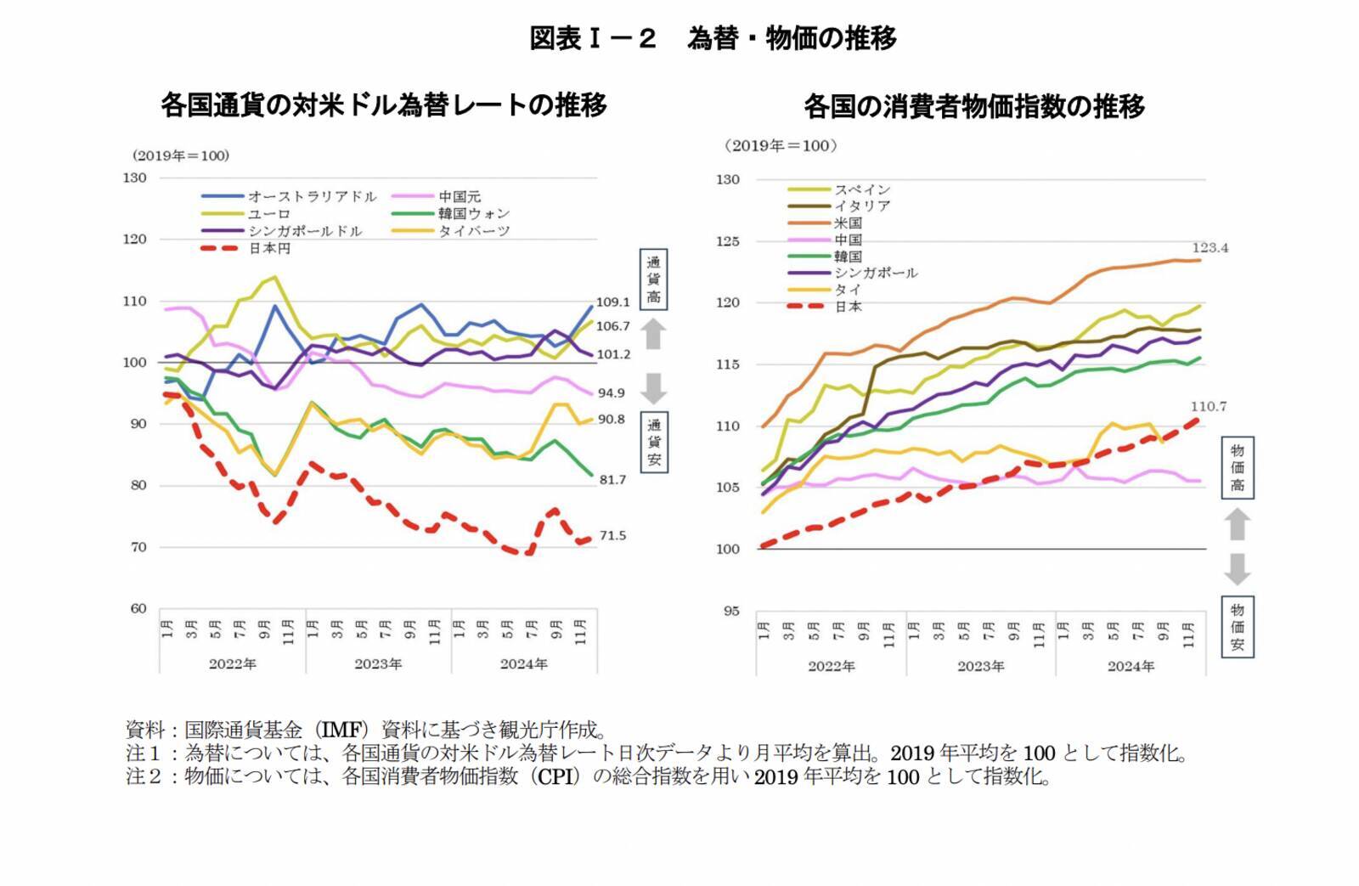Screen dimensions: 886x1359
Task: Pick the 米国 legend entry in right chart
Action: (848, 223)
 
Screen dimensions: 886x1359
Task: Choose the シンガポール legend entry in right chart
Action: (876, 273)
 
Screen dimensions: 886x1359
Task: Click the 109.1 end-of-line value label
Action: (612, 302)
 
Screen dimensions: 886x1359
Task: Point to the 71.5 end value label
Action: (612, 535)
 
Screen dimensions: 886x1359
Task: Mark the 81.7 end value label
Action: (612, 479)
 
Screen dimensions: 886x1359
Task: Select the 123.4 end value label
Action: (1210, 248)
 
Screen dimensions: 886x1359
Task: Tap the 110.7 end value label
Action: (1208, 406)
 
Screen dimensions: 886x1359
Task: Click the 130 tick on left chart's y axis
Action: (134, 178)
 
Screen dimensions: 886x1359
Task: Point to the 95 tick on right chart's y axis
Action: (730, 610)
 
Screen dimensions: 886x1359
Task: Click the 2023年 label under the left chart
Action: (378, 663)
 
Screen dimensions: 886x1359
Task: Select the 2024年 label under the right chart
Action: (1131, 666)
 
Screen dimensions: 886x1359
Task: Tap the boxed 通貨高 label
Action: (653, 279)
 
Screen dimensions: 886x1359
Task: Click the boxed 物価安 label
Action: (1238, 627)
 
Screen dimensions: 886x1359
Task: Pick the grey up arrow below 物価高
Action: (1238, 524)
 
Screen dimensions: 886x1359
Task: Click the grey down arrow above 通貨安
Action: (653, 388)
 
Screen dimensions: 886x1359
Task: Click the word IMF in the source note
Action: (341, 730)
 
